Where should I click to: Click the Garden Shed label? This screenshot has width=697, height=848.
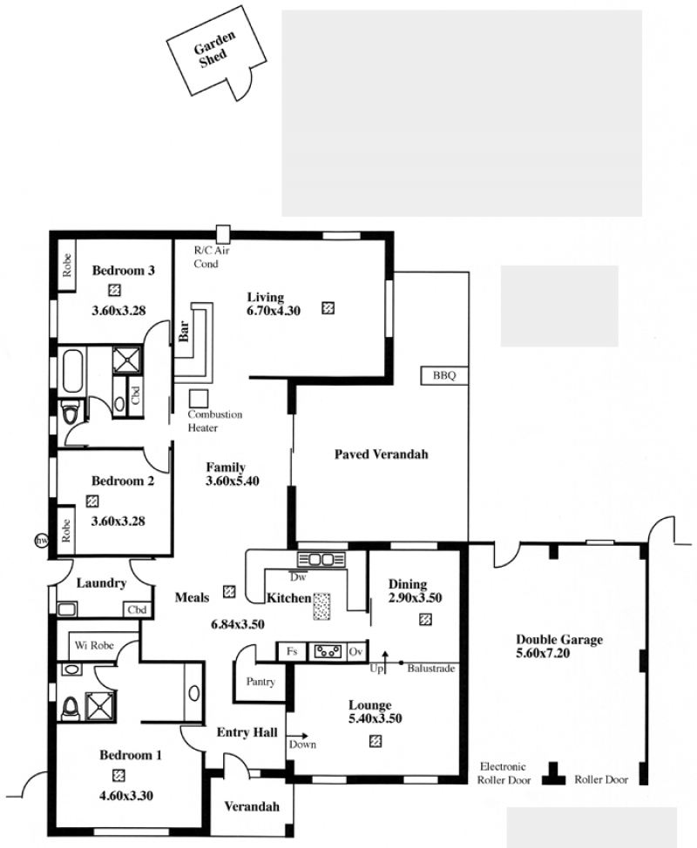coord(215,50)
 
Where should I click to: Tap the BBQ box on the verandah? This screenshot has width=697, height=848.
coord(444,375)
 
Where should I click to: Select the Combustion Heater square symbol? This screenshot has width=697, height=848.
coord(199,399)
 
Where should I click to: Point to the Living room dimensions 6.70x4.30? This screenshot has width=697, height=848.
coord(274,311)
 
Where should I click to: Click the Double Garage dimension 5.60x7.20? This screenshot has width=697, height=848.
coord(543,653)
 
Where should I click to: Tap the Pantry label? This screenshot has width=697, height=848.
coord(261,682)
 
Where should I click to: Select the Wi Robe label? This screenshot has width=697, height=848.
coord(94,645)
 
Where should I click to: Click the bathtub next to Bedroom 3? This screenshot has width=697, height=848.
coord(73,371)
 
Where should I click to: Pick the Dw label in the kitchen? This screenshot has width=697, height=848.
coord(298,577)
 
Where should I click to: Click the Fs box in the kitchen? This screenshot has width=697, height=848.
coord(292,652)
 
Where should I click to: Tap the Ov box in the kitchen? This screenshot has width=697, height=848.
coord(355,652)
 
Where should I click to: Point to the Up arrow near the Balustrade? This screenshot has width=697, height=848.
coord(385,662)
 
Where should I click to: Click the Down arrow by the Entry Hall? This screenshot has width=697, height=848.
coord(298,736)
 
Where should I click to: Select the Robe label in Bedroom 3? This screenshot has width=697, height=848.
coord(66,266)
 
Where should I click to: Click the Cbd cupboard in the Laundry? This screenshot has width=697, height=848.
coord(137,610)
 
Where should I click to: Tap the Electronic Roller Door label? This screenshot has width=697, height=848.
coord(504,773)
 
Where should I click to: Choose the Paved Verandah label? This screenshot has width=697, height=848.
coord(381,454)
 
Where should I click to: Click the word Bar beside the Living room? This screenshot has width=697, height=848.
coord(184,331)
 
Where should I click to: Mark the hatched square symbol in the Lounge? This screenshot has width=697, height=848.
coord(375,741)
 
